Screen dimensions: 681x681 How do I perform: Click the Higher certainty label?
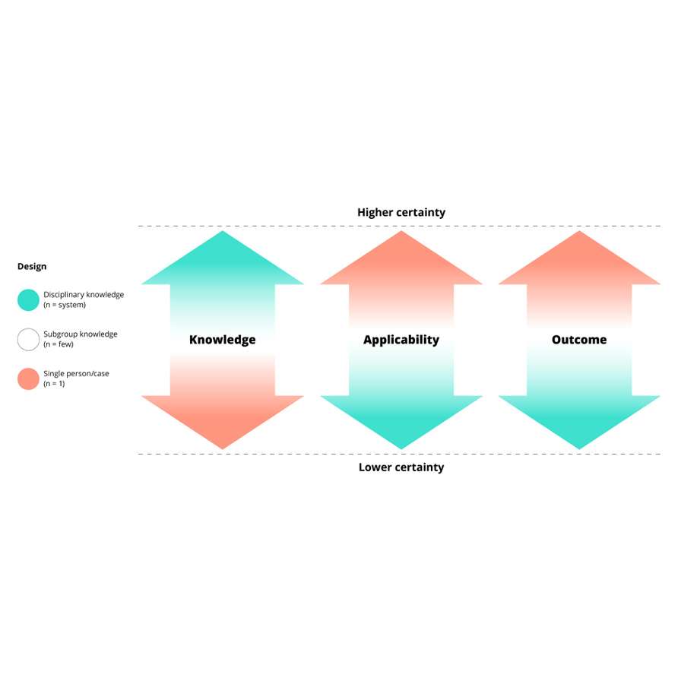[x=401, y=213]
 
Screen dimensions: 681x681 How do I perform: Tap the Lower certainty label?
[x=401, y=467]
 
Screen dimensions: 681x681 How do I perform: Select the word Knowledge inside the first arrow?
[x=223, y=340]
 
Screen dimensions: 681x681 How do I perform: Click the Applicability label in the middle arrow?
[x=401, y=340]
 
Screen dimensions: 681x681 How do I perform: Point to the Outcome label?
[x=579, y=340]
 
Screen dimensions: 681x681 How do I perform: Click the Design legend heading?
[x=32, y=267]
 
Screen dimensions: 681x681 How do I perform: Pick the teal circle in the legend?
[x=28, y=300]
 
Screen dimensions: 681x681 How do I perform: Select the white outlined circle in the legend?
[x=28, y=340]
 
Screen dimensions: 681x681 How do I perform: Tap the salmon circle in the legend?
[x=28, y=379]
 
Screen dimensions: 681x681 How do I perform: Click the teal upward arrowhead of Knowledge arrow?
[x=223, y=262]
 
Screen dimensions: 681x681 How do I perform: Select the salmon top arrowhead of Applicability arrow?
[x=401, y=262]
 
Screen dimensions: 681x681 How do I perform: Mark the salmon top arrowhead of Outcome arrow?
[x=579, y=262]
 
